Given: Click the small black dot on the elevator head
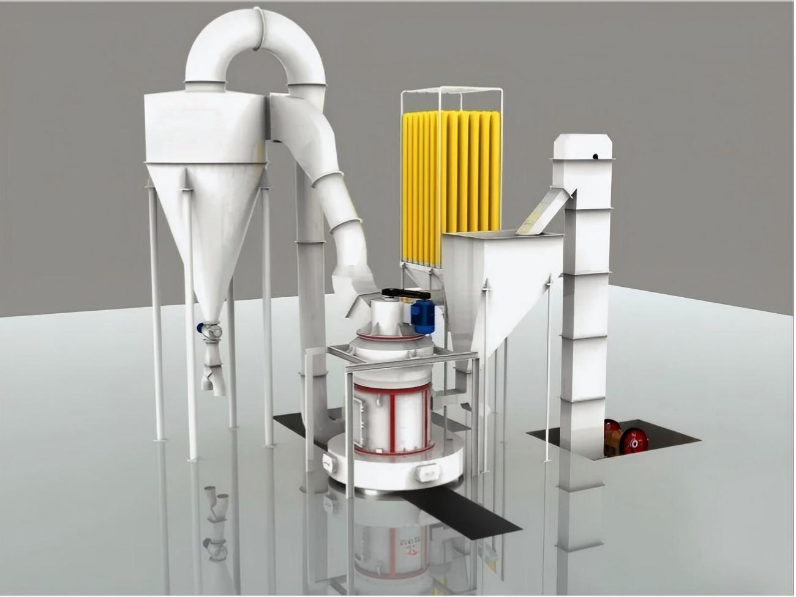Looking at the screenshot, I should pos(595,157).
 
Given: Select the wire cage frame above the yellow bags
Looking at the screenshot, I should pos(452,98).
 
